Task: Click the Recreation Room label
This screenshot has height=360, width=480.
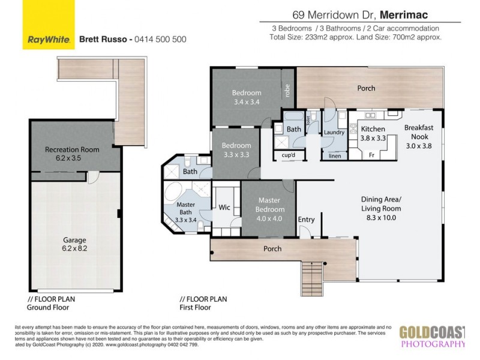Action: click(x=72, y=149)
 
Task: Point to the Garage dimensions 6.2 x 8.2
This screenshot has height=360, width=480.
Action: click(x=75, y=247)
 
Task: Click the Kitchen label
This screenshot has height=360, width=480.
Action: click(x=372, y=129)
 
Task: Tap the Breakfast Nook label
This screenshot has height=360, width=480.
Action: click(x=419, y=132)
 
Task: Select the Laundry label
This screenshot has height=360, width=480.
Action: click(x=332, y=132)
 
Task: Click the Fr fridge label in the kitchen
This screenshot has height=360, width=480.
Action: click(x=373, y=155)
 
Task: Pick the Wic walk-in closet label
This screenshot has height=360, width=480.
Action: click(x=225, y=208)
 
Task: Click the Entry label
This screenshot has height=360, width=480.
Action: click(x=306, y=220)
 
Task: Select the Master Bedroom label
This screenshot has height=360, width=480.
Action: click(x=270, y=205)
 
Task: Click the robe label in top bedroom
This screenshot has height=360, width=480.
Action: click(x=287, y=91)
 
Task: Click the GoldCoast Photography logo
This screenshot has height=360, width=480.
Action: click(x=432, y=337)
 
